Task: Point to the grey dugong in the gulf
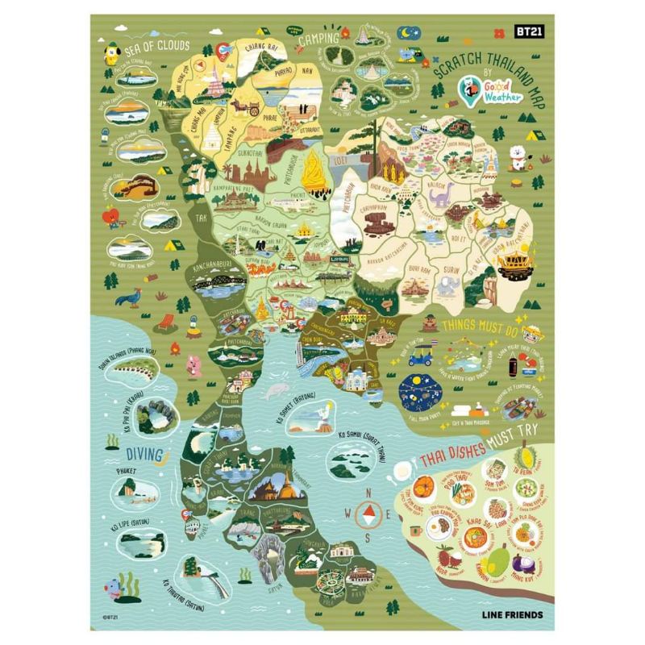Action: (274, 392)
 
